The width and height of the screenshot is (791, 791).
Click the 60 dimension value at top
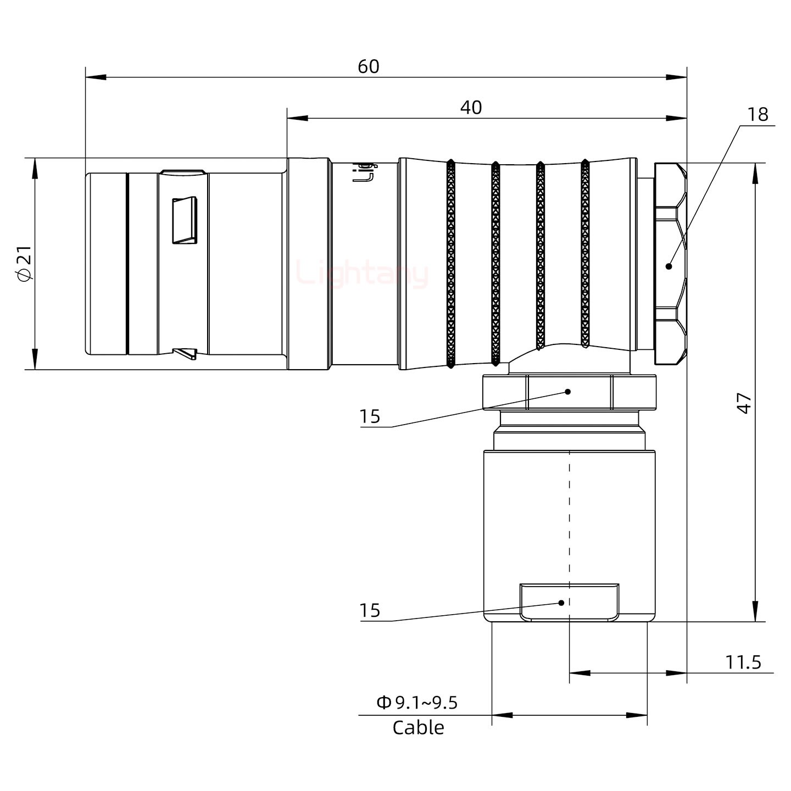click(x=369, y=66)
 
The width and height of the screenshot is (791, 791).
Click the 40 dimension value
click(x=471, y=107)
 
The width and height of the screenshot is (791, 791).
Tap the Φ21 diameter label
click(x=25, y=264)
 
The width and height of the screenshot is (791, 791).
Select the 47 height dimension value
click(x=744, y=403)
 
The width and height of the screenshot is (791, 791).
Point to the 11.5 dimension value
click(x=743, y=662)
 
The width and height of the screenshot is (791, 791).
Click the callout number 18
click(x=757, y=114)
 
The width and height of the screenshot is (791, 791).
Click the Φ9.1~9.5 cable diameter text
click(x=417, y=703)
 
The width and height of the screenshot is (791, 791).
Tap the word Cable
click(x=418, y=728)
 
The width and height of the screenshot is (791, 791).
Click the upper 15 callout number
click(x=370, y=417)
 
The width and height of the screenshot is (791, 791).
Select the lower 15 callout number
click(x=370, y=610)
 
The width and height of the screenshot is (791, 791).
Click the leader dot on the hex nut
click(x=669, y=266)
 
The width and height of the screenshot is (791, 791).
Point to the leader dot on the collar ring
click(x=568, y=392)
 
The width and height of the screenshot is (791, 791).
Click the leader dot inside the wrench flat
click(x=561, y=603)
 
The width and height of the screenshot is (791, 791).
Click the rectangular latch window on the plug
click(x=185, y=220)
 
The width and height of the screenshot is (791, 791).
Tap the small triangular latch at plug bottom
click(x=185, y=353)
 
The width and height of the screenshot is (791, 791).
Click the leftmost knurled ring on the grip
click(x=450, y=264)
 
